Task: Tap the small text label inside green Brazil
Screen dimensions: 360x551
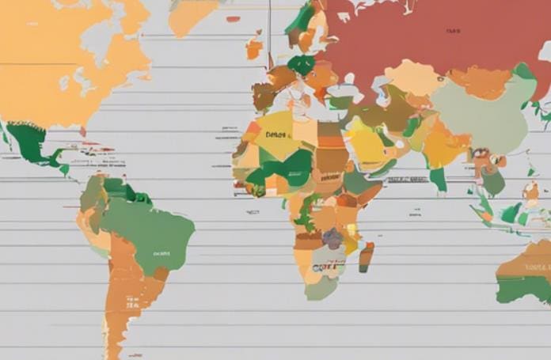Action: point(161,254)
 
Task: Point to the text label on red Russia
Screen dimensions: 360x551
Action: point(452,32)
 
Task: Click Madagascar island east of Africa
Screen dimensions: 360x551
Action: point(366,256)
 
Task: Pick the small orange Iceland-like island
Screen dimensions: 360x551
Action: point(253,49)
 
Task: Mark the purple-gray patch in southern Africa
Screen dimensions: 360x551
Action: point(333,237)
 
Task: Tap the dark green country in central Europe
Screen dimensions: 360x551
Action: point(301,64)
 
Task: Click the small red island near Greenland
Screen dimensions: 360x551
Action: point(233,18)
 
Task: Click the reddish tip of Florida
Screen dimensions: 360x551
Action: point(82,131)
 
